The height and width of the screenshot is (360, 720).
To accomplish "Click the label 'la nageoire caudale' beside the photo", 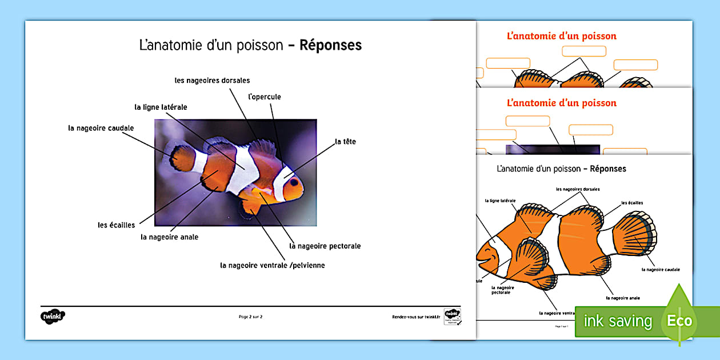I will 101,128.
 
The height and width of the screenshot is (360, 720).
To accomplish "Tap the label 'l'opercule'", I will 265,97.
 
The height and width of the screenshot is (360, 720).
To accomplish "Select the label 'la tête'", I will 345,141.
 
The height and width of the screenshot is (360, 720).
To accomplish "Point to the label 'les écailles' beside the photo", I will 116,225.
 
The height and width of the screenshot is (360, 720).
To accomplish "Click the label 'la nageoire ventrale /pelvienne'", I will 273,265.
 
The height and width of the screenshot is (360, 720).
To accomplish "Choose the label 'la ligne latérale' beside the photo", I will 161,107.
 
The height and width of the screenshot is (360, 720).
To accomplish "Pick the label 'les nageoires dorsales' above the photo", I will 212,81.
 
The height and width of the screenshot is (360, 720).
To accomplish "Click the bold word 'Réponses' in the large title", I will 330,45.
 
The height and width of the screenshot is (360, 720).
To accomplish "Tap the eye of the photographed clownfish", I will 294,183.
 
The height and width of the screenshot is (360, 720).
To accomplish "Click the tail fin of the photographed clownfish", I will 182,158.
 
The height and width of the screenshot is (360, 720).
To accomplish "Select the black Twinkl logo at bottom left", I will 53,315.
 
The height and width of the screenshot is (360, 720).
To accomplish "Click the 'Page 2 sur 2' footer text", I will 251,316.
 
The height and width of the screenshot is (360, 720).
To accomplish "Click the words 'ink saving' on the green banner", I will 618,321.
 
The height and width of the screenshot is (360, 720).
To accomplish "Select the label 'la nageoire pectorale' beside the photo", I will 325,246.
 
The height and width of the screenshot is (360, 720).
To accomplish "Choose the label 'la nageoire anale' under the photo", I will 170,237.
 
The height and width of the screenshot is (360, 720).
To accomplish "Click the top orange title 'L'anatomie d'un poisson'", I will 562,36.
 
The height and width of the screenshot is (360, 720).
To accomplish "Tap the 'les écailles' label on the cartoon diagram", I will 632,203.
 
